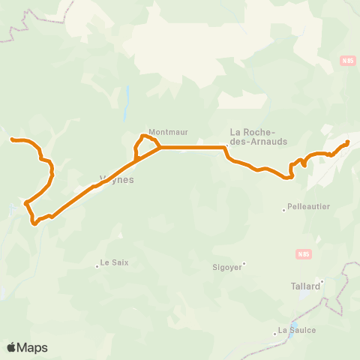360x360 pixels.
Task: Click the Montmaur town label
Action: tap(167, 132)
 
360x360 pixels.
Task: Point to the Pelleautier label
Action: tap(309, 205)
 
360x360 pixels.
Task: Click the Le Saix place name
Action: tap(114, 262)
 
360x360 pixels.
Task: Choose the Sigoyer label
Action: tap(226, 266)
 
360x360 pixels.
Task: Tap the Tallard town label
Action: tap(304, 286)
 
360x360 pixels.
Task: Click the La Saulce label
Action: tap(296, 330)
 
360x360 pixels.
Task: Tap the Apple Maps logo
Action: tap(27, 347)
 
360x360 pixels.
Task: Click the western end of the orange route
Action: tap(12, 139)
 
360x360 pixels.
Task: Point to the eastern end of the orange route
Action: tap(348, 142)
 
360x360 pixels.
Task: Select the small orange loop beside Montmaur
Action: tap(145, 146)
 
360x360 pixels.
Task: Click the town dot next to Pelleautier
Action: tap(283, 210)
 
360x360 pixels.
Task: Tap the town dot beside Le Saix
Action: tap(97, 265)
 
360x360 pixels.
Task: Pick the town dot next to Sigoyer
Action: tap(244, 263)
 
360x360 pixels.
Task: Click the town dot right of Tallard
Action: tap(323, 283)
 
